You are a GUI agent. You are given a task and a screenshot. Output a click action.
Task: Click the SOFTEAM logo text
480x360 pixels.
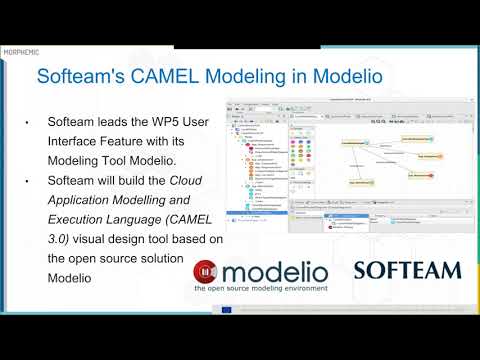click(407, 270)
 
